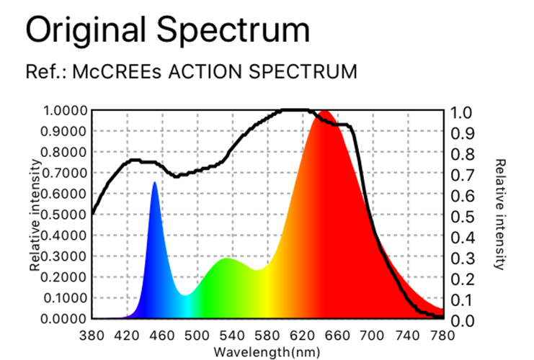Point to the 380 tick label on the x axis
click(x=92, y=335)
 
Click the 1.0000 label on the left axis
click(x=66, y=111)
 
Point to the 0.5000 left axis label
click(x=66, y=215)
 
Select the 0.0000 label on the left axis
click(x=66, y=318)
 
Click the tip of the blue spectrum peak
click(x=154, y=183)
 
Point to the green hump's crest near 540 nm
click(x=228, y=259)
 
